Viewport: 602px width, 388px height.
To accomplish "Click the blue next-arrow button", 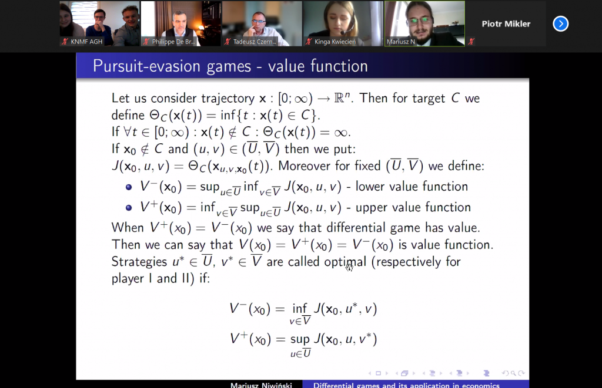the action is (560, 23).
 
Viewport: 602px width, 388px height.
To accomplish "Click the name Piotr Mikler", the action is (506, 23).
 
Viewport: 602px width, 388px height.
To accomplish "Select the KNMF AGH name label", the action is (86, 42).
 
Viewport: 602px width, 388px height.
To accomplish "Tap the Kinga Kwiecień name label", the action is (335, 42).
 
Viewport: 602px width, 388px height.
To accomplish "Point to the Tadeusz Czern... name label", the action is (255, 42).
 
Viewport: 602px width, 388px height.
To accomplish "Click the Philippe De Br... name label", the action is (173, 42).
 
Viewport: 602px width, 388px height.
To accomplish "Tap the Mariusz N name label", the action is (401, 42).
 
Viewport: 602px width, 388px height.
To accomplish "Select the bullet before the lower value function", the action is (129, 187).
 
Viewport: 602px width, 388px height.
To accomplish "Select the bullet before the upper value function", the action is (129, 208).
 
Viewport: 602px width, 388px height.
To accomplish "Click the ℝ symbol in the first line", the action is (339, 98).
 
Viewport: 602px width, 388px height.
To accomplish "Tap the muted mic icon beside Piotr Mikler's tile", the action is (471, 41).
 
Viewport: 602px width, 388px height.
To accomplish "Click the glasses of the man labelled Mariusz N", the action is (420, 21).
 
